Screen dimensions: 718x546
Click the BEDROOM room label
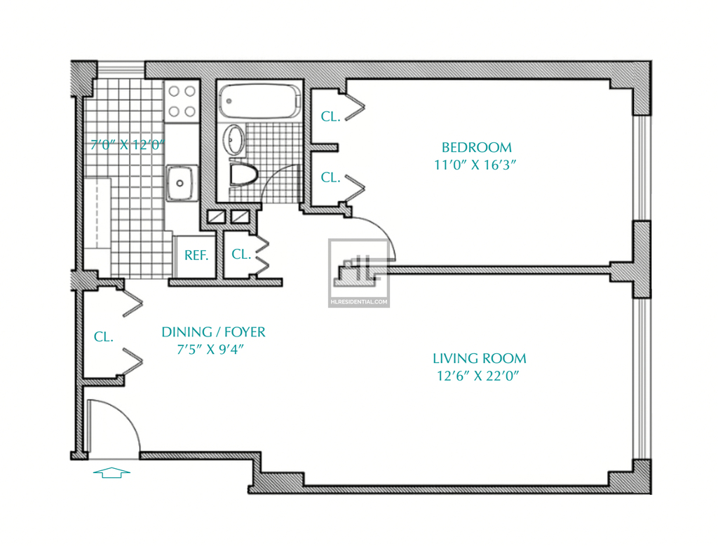tap(476, 147)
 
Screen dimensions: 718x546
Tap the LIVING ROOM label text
tap(480, 358)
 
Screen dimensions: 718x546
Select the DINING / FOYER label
tap(213, 332)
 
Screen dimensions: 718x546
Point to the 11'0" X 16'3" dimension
tap(475, 165)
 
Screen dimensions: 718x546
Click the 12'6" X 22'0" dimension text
tap(477, 376)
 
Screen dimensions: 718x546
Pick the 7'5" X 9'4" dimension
tap(210, 349)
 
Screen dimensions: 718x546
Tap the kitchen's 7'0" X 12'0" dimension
tap(127, 144)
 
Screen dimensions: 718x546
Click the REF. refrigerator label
tap(196, 255)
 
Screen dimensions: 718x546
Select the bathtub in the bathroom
tap(259, 101)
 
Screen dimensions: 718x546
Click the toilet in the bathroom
tap(243, 175)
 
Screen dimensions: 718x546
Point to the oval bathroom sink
tap(235, 139)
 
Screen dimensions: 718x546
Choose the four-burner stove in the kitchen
tap(182, 101)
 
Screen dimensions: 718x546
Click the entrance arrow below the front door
tap(111, 473)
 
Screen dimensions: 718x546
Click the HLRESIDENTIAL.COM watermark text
tap(358, 302)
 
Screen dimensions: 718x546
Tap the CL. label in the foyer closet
tap(104, 337)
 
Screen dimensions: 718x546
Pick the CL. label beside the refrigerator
tap(241, 254)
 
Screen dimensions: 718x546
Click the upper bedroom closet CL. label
tap(331, 117)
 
